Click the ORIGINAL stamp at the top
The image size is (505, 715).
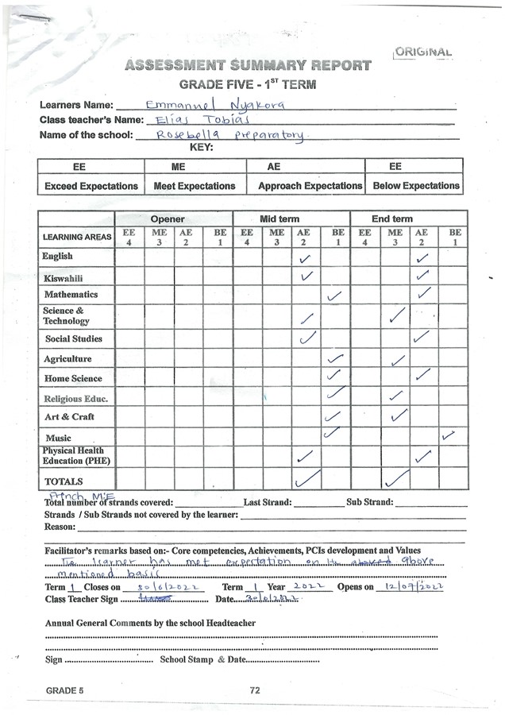pos(423,52)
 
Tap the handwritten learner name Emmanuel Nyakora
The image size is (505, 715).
pos(212,104)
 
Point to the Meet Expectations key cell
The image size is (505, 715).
pos(195,186)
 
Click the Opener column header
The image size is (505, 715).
pos(168,218)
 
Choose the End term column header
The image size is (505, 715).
pos(392,218)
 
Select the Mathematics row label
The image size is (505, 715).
pos(71,295)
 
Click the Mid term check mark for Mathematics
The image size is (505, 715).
pos(334,296)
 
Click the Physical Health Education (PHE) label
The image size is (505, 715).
pos(76,456)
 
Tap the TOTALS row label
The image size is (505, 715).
pos(64,481)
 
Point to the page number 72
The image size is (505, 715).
pos(255,690)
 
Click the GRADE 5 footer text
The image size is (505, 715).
pos(64,690)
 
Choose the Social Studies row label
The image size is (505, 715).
pos(73,339)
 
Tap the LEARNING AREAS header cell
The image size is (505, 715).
pos(76,237)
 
